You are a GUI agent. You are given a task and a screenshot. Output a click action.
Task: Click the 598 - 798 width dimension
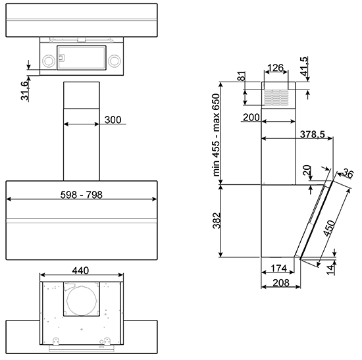click(x=81, y=195)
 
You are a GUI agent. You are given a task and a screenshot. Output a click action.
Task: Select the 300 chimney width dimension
click(x=113, y=120)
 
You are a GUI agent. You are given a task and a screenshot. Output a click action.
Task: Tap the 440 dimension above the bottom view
click(x=80, y=270)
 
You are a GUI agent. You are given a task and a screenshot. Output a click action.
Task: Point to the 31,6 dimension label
click(x=25, y=91)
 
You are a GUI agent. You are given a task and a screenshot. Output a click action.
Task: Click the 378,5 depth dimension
click(x=313, y=134)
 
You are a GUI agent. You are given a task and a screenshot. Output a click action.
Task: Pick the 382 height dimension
click(x=217, y=220)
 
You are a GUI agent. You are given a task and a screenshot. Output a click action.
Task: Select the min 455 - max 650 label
click(x=216, y=135)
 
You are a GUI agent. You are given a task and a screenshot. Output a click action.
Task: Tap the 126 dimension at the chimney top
click(x=275, y=68)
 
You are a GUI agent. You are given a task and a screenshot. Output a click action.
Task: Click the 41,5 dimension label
click(x=305, y=66)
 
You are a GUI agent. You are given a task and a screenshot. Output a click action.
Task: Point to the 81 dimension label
click(x=242, y=76)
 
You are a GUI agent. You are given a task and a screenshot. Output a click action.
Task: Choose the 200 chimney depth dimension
click(x=251, y=118)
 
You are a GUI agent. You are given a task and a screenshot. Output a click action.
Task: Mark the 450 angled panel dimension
click(x=329, y=228)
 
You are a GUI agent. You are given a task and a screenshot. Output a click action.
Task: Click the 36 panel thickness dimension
click(x=348, y=173)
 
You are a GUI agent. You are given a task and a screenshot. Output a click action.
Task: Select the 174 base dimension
click(x=279, y=269)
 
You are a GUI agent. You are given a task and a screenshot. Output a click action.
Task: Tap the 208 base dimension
click(x=281, y=282)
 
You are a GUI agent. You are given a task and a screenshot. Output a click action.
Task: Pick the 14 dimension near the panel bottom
click(x=330, y=270)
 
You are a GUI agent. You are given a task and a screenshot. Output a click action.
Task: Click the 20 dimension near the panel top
click(x=307, y=170)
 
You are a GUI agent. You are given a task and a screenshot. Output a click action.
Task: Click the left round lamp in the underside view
click(x=49, y=61)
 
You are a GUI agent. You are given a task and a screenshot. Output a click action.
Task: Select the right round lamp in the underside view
click(x=115, y=61)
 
